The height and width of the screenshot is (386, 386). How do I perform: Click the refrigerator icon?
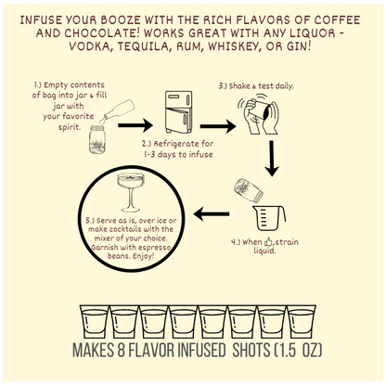(x=178, y=112)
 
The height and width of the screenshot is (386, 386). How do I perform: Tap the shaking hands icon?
(x=260, y=116)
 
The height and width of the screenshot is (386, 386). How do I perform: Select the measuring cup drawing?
(x=269, y=218)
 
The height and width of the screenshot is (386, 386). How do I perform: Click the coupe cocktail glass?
(x=131, y=192)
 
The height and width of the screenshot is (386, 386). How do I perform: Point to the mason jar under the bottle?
(x=97, y=139)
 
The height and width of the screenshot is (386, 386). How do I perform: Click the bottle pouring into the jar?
(x=119, y=109)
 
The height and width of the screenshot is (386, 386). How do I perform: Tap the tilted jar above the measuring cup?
(x=249, y=190)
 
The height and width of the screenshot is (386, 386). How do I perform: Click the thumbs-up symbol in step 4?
(x=268, y=241)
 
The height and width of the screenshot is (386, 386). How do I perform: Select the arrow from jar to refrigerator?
(x=135, y=125)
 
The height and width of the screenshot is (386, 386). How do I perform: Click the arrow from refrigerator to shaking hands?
(x=218, y=126)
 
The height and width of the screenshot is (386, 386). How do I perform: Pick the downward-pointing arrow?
(x=272, y=159)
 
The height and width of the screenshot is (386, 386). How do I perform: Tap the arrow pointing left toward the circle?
(x=212, y=214)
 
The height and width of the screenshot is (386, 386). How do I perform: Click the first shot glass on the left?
(x=94, y=322)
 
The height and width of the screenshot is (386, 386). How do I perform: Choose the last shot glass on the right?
(x=302, y=322)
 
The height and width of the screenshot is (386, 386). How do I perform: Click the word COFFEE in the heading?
(x=338, y=20)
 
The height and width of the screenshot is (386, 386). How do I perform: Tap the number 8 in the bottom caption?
(x=121, y=350)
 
